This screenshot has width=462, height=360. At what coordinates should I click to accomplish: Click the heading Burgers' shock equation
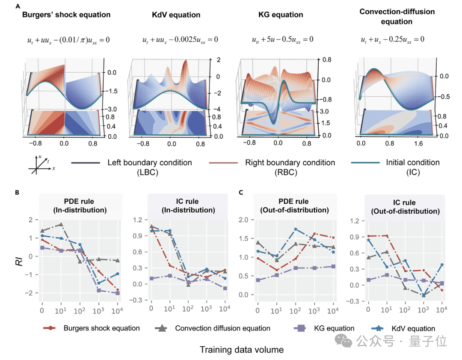point(66,15)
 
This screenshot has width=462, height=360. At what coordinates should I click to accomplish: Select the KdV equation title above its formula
point(176,15)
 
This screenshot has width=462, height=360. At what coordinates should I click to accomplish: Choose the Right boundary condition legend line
point(225,163)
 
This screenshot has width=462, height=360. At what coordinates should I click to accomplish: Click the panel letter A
point(17,6)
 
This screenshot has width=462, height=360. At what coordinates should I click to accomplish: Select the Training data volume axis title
point(241,350)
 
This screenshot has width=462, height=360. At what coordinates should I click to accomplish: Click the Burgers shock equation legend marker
point(50,328)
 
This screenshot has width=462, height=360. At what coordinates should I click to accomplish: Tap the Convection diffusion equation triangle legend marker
point(162,328)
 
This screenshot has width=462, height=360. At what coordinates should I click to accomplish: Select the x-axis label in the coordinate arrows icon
point(53,169)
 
